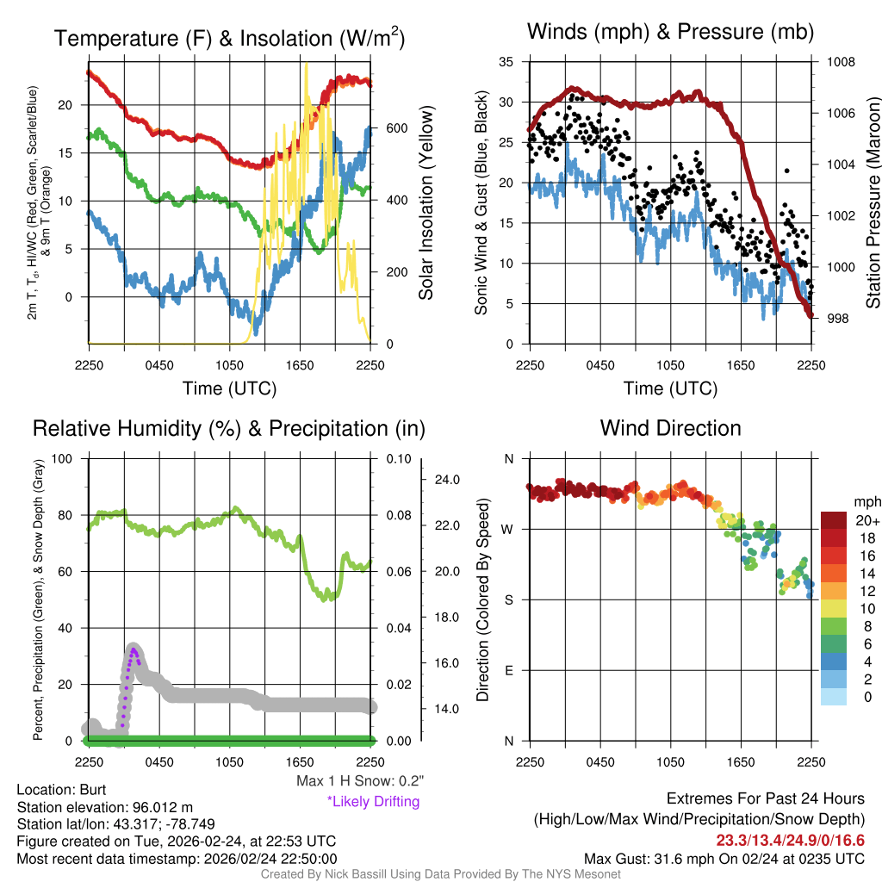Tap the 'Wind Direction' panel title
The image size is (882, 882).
coord(670,428)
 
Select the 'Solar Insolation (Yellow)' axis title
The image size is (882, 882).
coord(426,203)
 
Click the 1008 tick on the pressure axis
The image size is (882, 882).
coord(840,62)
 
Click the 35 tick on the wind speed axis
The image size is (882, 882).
coord(506,62)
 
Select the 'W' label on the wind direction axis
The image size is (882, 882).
coord(508,529)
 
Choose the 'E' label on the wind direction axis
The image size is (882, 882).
coord(509,670)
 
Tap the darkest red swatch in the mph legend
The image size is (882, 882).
coord(834,521)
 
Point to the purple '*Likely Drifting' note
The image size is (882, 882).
coord(373,801)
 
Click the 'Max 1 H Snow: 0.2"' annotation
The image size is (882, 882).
coord(359,780)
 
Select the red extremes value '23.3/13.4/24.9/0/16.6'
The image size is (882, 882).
coord(790,840)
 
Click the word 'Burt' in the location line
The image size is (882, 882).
coord(94,789)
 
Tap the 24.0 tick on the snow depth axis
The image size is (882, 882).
coord(451,480)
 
